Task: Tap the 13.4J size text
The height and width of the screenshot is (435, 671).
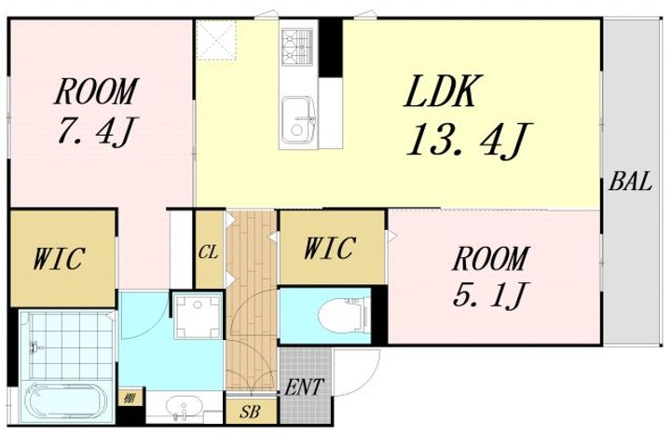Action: [470, 140]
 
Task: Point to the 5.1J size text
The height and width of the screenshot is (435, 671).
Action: [489, 294]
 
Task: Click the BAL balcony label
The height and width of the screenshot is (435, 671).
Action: [630, 182]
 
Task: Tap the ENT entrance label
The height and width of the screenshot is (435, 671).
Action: [304, 387]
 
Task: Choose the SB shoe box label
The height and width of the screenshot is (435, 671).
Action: [250, 412]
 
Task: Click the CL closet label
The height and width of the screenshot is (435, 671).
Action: [209, 252]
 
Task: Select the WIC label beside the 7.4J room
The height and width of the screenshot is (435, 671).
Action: [59, 258]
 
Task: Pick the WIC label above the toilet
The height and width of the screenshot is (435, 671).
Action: [330, 247]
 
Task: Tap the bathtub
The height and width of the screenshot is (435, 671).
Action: [65, 400]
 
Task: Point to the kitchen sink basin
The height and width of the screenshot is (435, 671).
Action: [298, 121]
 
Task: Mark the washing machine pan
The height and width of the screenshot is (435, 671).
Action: [198, 316]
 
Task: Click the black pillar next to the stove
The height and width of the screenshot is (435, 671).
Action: [331, 48]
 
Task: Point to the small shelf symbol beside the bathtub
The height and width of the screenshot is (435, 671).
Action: [128, 399]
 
